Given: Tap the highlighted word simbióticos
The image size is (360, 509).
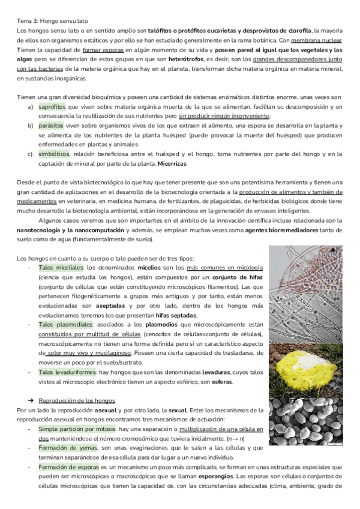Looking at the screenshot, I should point(53,154).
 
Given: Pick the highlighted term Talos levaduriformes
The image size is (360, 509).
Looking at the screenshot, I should point(68,372).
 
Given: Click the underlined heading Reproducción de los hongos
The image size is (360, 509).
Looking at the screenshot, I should point(76,400).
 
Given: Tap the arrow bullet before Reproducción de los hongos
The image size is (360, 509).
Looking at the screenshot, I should point(31,400).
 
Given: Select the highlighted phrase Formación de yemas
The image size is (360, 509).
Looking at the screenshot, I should point(63,448).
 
